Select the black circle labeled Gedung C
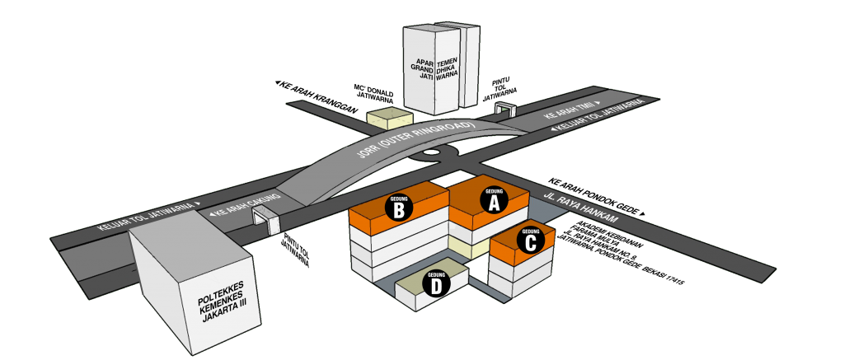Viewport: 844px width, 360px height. pos(530,240)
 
